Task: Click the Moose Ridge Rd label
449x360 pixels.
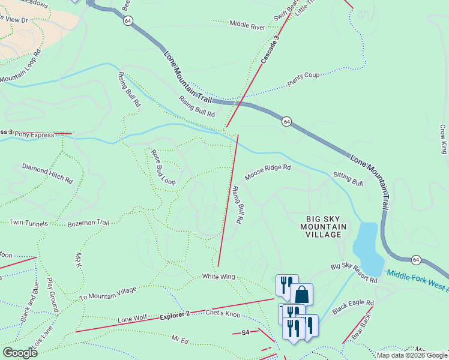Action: (267, 173)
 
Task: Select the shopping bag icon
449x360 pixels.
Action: (301, 294)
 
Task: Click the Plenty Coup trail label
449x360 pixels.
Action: (303, 80)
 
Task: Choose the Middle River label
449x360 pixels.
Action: (247, 26)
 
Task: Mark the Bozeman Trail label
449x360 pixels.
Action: (88, 223)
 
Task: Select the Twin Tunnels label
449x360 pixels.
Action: (28, 223)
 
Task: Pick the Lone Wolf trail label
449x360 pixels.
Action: (132, 319)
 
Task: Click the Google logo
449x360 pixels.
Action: (20, 353)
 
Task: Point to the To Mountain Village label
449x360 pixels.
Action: (108, 293)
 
